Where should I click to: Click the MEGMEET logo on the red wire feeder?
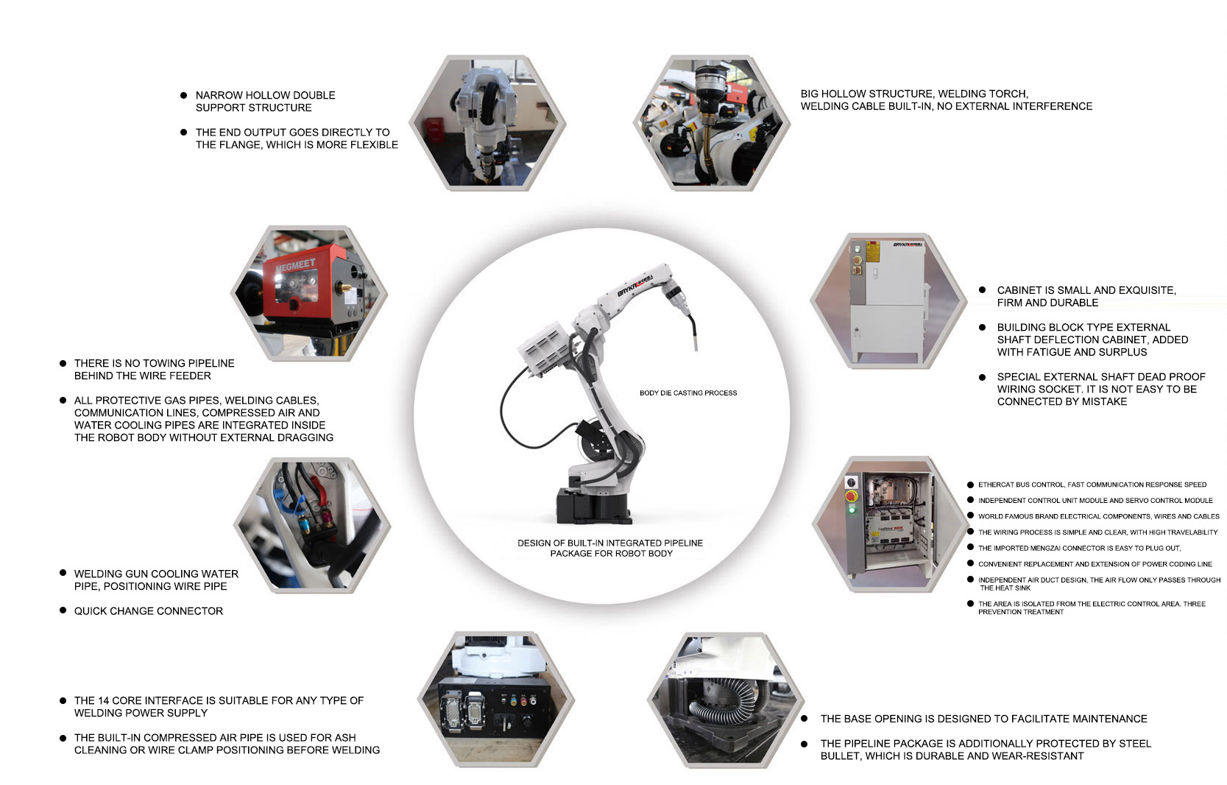[296, 265]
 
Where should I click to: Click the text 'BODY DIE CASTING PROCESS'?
[688, 393]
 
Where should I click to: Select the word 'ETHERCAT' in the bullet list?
[997, 485]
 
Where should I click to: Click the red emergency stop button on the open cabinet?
[851, 496]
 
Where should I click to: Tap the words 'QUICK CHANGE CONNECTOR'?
[149, 611]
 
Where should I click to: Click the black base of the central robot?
[592, 506]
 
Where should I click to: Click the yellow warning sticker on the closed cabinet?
[873, 252]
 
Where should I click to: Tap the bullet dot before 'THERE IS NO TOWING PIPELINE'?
[63, 364]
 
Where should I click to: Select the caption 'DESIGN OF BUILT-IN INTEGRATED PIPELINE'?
[610, 543]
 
